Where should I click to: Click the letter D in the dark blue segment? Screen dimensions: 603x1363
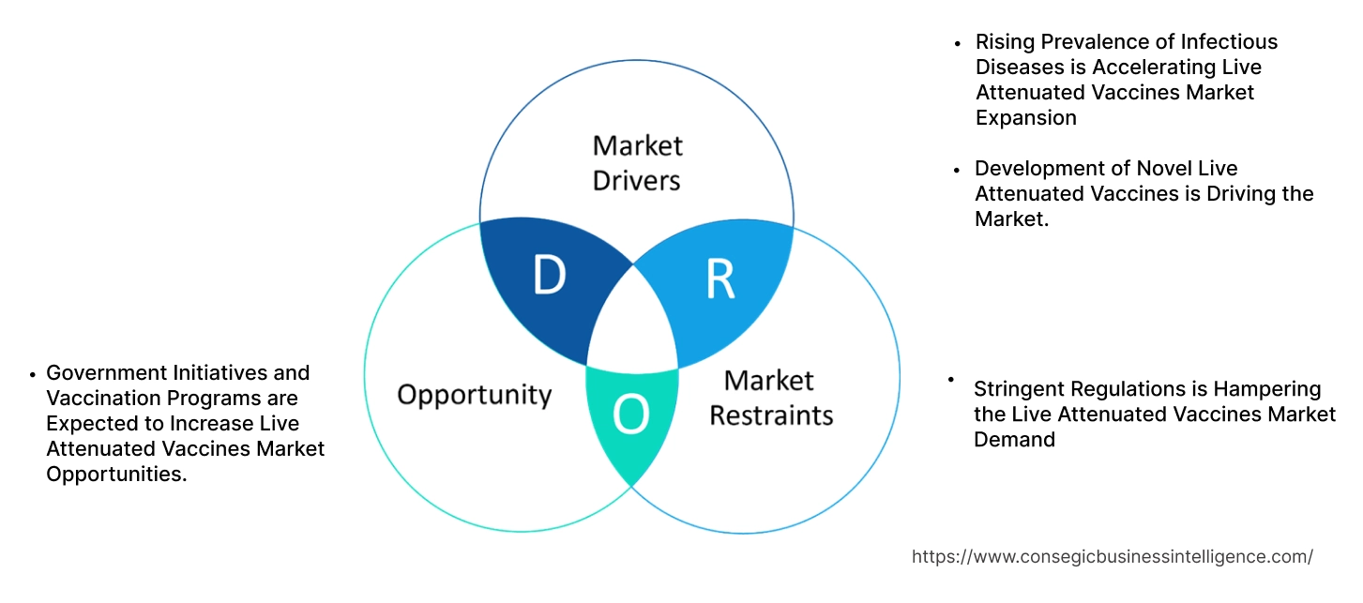click(549, 275)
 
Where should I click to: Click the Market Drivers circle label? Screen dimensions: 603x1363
click(637, 162)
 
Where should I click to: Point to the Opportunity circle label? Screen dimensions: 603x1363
click(474, 394)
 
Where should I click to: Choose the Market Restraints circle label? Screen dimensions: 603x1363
click(770, 397)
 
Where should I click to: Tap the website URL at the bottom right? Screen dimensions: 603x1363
click(1112, 556)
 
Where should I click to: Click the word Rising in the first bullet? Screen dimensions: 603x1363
click(1005, 42)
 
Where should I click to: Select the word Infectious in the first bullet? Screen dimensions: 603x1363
click(1231, 42)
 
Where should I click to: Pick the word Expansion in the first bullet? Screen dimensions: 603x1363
click(1025, 118)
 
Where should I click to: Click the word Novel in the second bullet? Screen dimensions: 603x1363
click(1159, 169)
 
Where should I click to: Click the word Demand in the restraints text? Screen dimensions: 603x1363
click(1014, 439)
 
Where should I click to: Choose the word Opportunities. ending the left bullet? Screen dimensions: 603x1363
click(116, 475)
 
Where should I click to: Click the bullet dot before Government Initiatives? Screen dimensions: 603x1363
click(33, 374)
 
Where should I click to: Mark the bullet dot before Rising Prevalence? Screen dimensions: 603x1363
click(957, 43)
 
